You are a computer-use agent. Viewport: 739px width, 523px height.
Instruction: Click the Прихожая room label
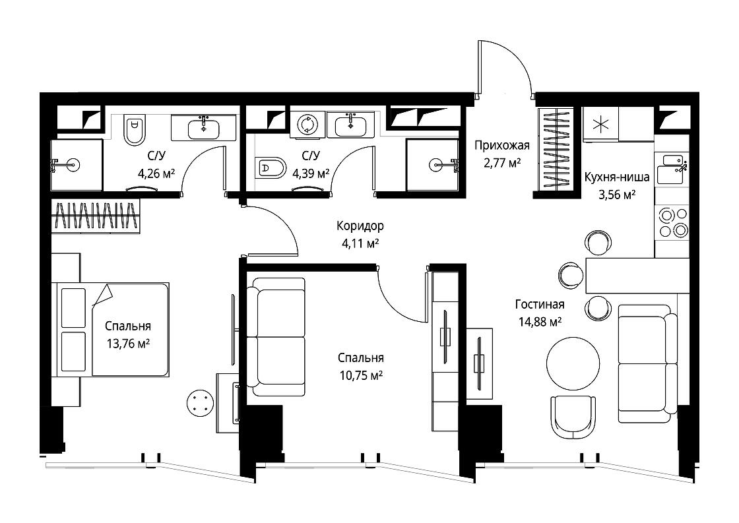tap(501, 145)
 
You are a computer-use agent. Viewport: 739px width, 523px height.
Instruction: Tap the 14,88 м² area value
tap(540, 322)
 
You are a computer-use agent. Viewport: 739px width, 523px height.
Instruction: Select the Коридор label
tap(360, 226)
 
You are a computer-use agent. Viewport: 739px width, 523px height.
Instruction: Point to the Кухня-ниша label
tap(616, 177)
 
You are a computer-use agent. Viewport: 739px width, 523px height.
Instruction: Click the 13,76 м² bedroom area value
tap(128, 344)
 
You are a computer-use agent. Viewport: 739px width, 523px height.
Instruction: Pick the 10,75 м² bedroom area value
tap(360, 375)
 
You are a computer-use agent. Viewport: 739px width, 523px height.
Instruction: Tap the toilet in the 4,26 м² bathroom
tap(134, 130)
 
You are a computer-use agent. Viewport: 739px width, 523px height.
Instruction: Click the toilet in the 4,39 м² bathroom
tap(270, 168)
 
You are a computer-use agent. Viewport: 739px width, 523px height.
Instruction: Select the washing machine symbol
tap(307, 123)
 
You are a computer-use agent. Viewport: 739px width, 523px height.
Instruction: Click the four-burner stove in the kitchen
tap(672, 222)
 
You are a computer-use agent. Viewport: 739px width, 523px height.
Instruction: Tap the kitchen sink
tap(672, 169)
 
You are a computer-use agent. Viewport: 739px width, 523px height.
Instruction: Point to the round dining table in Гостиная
tap(573, 363)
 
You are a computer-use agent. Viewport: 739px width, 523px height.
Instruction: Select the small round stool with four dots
tap(201, 403)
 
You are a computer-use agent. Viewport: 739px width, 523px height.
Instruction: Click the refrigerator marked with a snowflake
tap(601, 125)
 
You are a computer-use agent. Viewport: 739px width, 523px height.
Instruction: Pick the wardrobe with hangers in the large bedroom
tap(96, 216)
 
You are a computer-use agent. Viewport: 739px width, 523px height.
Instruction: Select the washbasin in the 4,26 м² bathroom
tap(203, 128)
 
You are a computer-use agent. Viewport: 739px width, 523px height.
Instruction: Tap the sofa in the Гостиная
tap(648, 363)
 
